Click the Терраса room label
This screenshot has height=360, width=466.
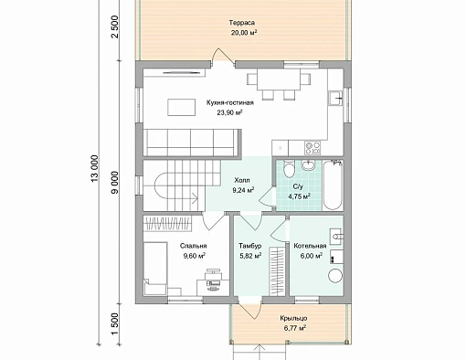242,23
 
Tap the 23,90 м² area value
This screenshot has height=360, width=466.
229,112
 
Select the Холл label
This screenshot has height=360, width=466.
242,180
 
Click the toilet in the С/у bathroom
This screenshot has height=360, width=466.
289,168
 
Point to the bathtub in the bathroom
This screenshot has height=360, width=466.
333,185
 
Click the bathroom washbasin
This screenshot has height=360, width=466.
309,164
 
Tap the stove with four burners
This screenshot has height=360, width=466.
312,148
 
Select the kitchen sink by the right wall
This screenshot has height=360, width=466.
335,98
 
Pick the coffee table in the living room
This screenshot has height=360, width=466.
182,107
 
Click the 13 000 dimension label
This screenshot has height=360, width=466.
95,169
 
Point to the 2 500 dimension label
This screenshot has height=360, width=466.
115,26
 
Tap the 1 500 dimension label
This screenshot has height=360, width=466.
115,324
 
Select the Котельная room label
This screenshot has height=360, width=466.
310,246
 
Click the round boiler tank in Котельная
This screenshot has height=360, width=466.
335,276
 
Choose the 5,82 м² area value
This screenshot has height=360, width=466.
250,256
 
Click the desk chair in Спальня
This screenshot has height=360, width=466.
213,276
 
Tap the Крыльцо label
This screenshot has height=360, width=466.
293,319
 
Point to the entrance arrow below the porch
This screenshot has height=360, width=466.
259,352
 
